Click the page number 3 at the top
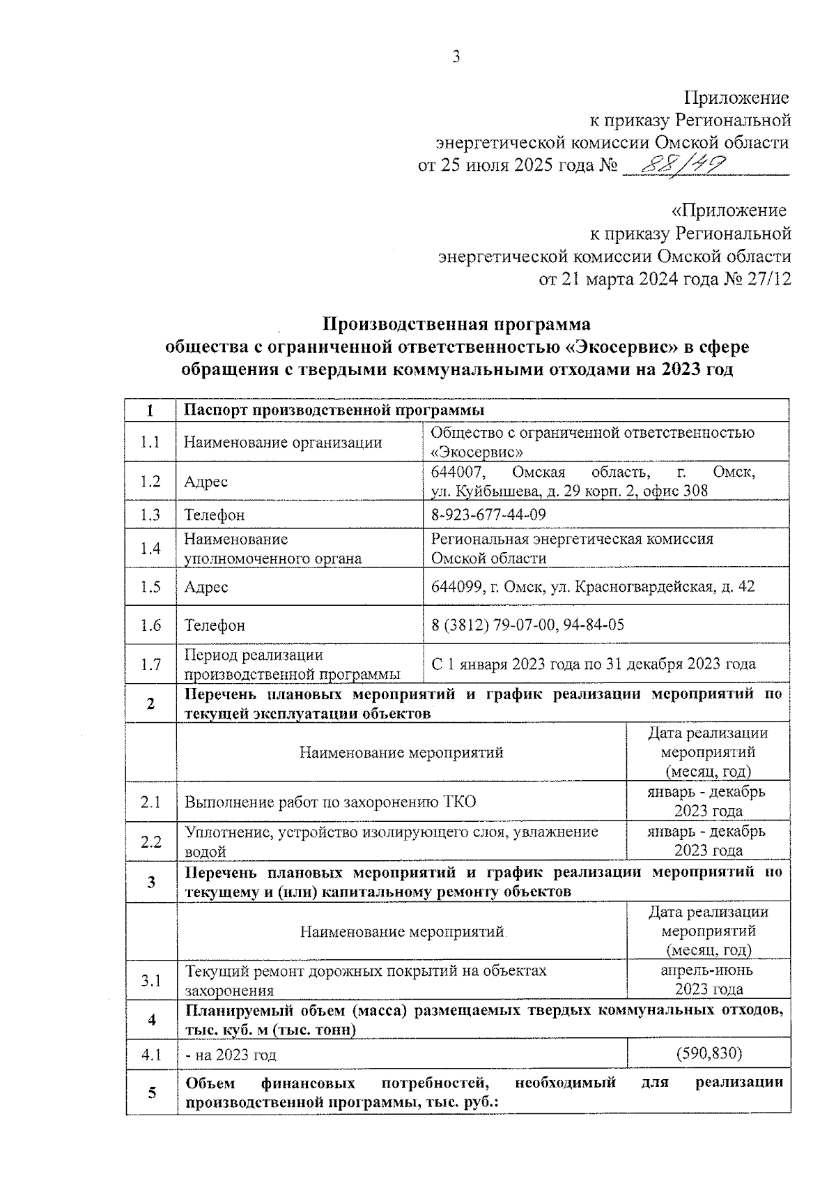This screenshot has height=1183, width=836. [456, 58]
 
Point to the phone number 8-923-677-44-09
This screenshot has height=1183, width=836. [488, 514]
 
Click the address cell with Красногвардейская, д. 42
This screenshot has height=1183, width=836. [593, 587]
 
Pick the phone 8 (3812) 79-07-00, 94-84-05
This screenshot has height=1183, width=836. [527, 625]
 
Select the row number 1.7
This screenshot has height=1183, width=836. [150, 664]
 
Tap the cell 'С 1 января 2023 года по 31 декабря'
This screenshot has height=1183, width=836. [593, 664]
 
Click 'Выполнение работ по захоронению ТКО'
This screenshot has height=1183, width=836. [330, 802]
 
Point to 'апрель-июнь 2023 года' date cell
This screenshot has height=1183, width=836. [708, 979]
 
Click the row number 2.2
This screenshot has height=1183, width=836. [150, 841]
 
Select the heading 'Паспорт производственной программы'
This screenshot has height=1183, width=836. [334, 410]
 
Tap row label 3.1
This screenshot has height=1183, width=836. [150, 981]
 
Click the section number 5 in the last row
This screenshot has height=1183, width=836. [151, 1092]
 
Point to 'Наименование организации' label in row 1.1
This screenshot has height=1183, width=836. [283, 442]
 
